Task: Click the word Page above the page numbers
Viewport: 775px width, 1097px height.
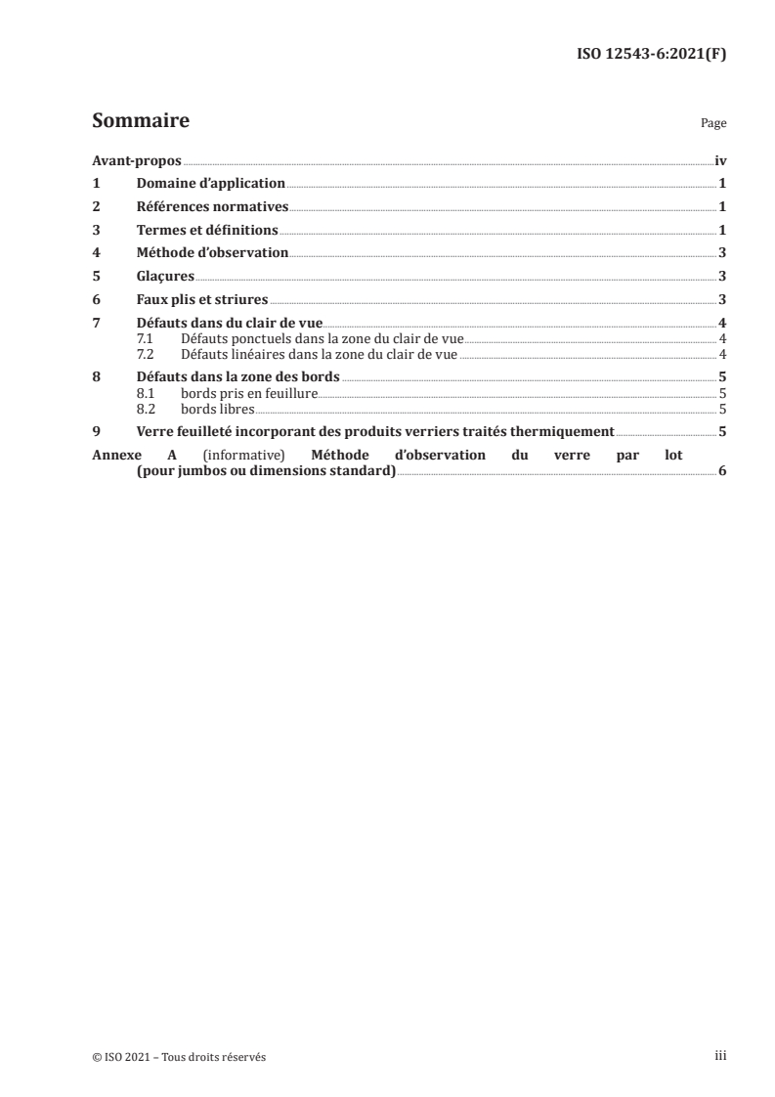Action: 712,124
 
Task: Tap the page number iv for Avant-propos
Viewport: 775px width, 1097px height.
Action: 720,160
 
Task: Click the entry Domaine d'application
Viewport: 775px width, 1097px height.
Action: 210,183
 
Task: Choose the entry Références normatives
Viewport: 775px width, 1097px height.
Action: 213,206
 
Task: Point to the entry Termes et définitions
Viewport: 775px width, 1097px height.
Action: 208,230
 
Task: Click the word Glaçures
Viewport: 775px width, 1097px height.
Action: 165,276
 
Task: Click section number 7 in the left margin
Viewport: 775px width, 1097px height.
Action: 95,323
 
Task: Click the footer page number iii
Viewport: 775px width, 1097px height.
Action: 720,1056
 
